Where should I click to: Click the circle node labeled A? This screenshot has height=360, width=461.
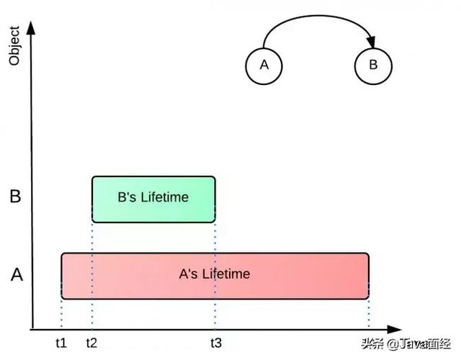click(264, 66)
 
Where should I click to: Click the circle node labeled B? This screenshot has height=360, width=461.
click(373, 66)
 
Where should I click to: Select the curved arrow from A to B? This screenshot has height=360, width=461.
click(317, 15)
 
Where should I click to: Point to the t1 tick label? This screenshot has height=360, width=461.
click(61, 343)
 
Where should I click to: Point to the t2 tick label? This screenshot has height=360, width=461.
click(91, 343)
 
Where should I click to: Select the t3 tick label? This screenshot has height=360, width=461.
click(215, 343)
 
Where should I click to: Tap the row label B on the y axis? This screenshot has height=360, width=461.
click(15, 197)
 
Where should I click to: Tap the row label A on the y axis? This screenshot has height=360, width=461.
click(15, 274)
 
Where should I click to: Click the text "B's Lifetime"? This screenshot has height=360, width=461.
click(153, 197)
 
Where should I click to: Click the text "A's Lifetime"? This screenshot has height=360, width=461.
click(215, 274)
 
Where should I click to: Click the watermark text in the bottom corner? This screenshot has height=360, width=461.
click(406, 344)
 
